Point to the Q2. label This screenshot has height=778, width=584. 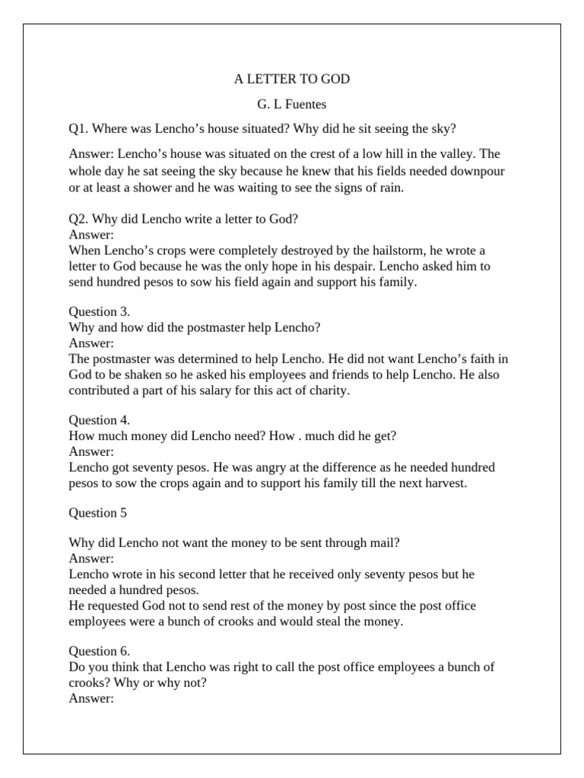tap(79, 219)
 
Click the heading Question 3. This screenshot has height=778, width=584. tap(100, 312)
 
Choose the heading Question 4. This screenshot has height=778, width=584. tap(100, 419)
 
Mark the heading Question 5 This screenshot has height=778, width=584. tap(98, 512)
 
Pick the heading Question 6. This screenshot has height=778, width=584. tap(100, 650)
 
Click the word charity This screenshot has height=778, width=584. tap(329, 391)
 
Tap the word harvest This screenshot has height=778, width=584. tap(440, 483)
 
